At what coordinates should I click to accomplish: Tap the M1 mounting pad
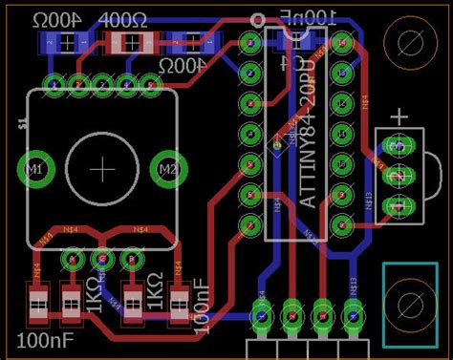(36, 170)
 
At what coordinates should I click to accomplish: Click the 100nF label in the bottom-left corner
(40, 339)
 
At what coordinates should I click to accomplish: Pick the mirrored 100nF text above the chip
(308, 17)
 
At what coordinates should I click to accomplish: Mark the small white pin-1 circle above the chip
(256, 20)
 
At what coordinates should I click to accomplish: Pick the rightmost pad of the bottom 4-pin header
(353, 311)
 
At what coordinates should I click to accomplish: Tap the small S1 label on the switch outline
(22, 123)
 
